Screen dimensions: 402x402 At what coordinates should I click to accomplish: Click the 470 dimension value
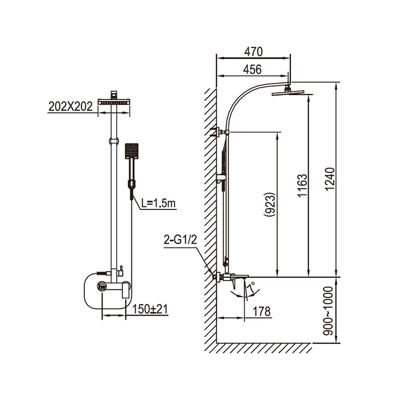pyautogui.click(x=253, y=52)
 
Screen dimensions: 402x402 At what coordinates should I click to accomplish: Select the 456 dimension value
pyautogui.click(x=252, y=69)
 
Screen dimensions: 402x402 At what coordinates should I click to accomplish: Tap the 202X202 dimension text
pyautogui.click(x=70, y=107)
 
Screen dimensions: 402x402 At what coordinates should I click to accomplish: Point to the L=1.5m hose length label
pyautogui.click(x=158, y=204)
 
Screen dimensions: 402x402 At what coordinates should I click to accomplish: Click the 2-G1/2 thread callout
pyautogui.click(x=180, y=240)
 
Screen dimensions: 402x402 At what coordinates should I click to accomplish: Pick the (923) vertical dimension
pyautogui.click(x=270, y=205)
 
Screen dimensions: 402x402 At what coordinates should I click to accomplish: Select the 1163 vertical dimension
pyautogui.click(x=303, y=185)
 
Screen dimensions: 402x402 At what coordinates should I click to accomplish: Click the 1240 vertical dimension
pyautogui.click(x=330, y=179)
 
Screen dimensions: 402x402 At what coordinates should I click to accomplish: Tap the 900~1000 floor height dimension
pyautogui.click(x=328, y=311)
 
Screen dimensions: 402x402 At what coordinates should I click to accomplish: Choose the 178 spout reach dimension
pyautogui.click(x=262, y=312)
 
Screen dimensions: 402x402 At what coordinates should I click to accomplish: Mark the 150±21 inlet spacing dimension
pyautogui.click(x=150, y=309)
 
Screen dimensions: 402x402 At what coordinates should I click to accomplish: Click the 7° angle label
pyautogui.click(x=252, y=286)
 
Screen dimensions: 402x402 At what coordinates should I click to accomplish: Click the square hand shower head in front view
pyautogui.click(x=132, y=151)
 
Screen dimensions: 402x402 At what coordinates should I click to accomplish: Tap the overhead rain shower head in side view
pyautogui.click(x=292, y=93)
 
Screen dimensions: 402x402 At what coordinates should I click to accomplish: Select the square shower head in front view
pyautogui.click(x=114, y=102)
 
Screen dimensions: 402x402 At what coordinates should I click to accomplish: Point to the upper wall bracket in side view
pyautogui.click(x=220, y=132)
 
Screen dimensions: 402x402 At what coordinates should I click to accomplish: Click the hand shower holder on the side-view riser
pyautogui.click(x=221, y=179)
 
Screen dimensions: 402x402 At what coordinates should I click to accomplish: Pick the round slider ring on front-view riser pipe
pyautogui.click(x=114, y=141)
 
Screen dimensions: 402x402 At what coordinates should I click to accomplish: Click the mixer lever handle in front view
pyautogui.click(x=126, y=290)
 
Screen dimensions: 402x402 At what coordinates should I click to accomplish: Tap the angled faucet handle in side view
pyautogui.click(x=234, y=284)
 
